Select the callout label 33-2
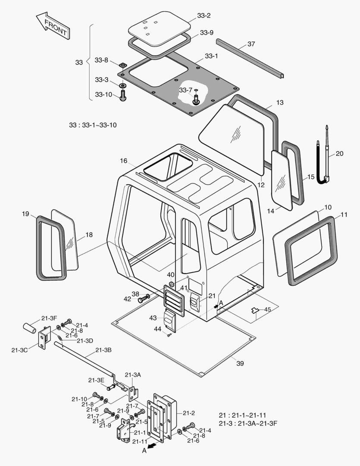pyautogui.click(x=203, y=16)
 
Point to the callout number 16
pyautogui.click(x=124, y=161)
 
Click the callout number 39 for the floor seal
pyautogui.click(x=240, y=363)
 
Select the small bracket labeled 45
pyautogui.click(x=256, y=310)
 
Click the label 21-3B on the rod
pyautogui.click(x=103, y=350)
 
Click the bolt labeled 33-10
pyautogui.click(x=122, y=94)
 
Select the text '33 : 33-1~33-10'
pyautogui.click(x=93, y=125)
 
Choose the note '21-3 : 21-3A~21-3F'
pyautogui.click(x=248, y=422)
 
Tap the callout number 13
pyautogui.click(x=280, y=103)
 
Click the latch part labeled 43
pyautogui.click(x=170, y=320)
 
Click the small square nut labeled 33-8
pyautogui.click(x=122, y=65)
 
